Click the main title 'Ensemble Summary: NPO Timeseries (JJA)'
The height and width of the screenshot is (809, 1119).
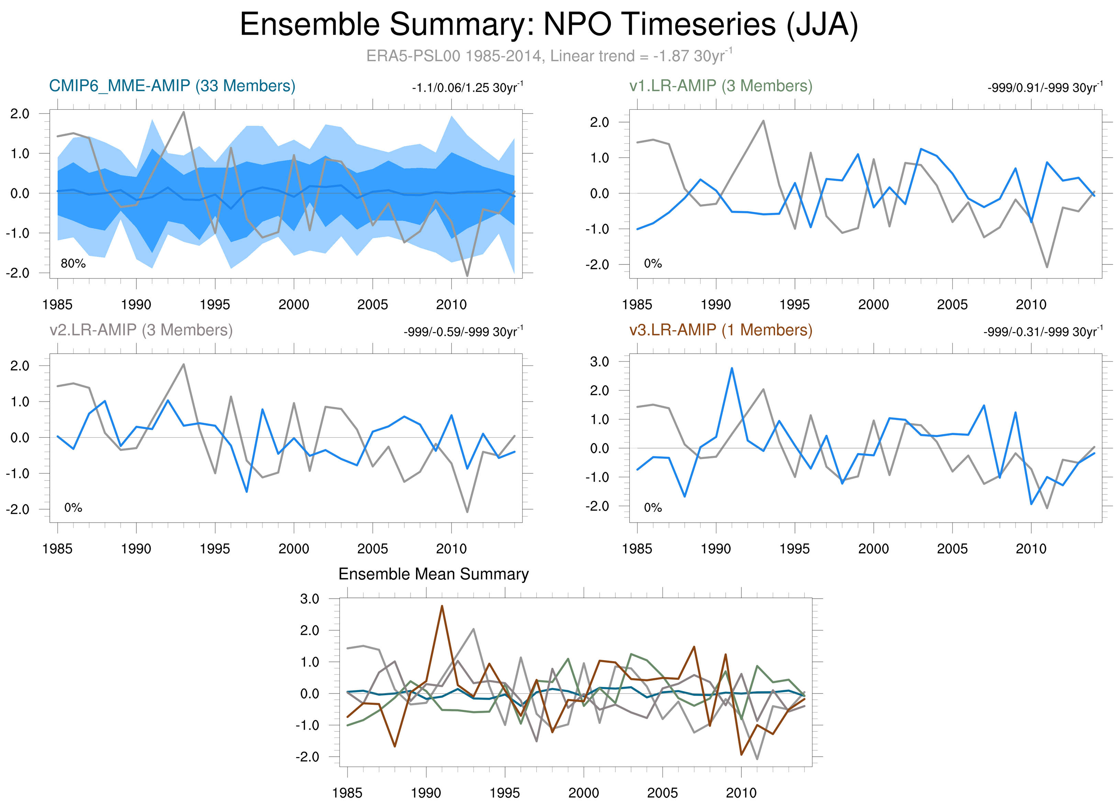tap(549, 25)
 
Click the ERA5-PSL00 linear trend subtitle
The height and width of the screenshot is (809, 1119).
tap(549, 56)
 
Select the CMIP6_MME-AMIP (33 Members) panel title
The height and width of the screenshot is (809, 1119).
tap(172, 86)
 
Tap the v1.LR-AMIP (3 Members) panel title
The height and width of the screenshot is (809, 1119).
tap(720, 86)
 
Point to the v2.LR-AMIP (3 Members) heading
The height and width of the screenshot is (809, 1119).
tap(141, 330)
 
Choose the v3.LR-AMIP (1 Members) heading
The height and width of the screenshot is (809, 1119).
tap(720, 330)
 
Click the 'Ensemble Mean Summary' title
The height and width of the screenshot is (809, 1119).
tap(433, 574)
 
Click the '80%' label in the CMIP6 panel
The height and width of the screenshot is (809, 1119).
tap(73, 264)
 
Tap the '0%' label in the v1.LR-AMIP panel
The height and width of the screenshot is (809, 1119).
tap(653, 264)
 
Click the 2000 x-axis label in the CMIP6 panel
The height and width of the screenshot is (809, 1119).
tap(293, 305)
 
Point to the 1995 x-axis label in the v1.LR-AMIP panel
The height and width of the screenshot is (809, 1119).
tap(794, 305)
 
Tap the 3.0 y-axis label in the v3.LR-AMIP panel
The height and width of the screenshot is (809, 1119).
tap(600, 362)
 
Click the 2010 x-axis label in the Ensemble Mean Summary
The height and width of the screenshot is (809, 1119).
tap(741, 793)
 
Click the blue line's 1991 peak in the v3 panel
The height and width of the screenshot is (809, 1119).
tap(732, 368)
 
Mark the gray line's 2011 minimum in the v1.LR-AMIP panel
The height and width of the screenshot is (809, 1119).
tap(1047, 267)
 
